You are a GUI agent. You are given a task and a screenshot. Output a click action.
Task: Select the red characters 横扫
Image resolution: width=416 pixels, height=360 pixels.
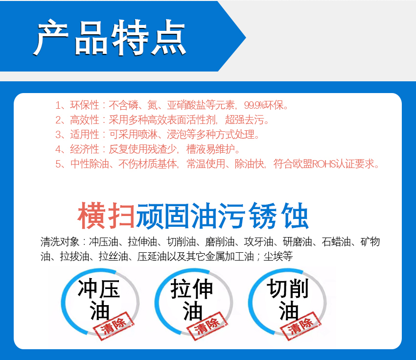(x=106, y=216)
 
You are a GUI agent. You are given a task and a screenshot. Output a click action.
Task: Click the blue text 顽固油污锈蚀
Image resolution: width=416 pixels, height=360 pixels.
(x=222, y=216)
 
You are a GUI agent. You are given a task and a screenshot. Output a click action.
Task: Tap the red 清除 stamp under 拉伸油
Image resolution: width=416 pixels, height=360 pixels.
(x=208, y=325)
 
